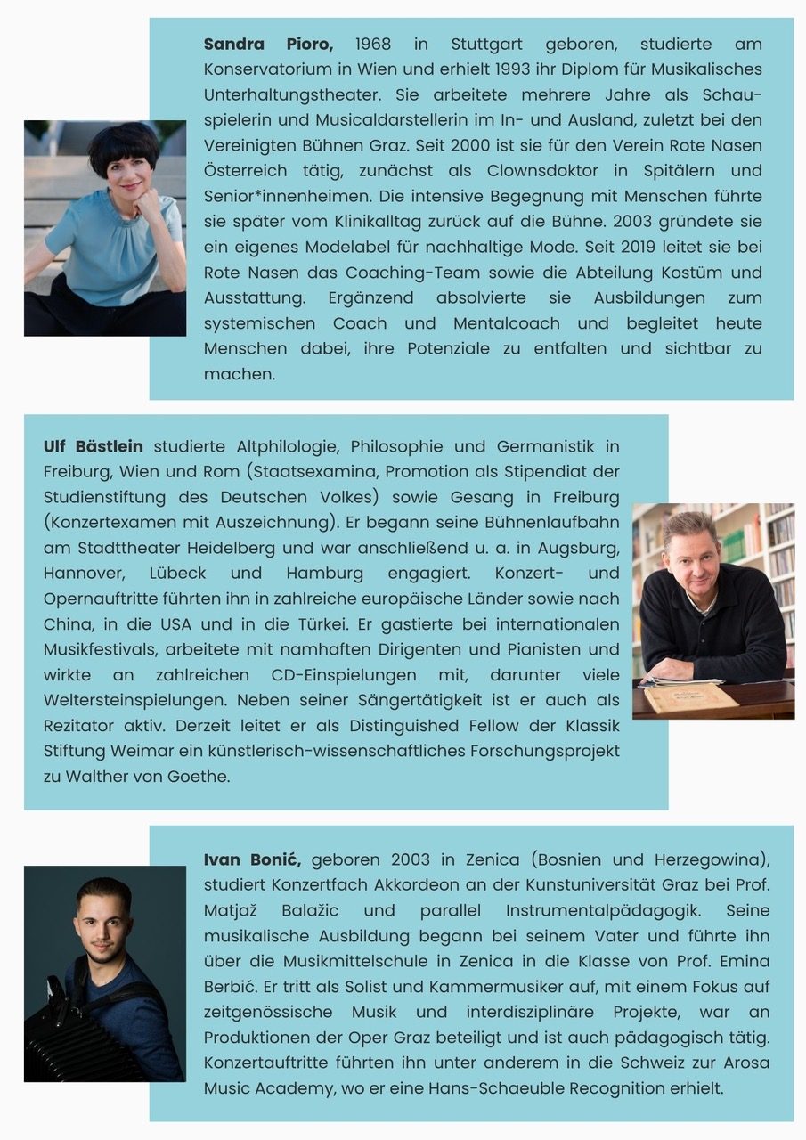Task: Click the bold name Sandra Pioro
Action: tap(268, 44)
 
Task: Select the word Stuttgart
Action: tap(489, 44)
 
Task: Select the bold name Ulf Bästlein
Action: tap(93, 445)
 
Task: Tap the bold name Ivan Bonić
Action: tap(252, 859)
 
